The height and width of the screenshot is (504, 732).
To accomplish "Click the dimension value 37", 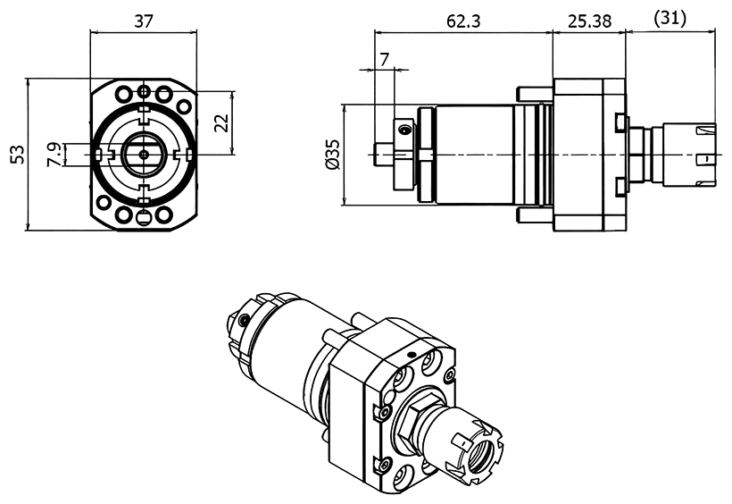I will tap(143, 21).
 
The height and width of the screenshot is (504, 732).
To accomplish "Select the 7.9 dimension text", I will tap(54, 155).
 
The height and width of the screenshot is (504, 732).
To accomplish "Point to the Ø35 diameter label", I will tap(333, 155).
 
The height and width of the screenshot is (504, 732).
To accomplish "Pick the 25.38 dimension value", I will tap(588, 21).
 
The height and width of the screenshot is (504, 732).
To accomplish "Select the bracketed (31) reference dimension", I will tap(671, 18).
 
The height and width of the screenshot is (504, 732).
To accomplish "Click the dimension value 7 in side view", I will tap(385, 59).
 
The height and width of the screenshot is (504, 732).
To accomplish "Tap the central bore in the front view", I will tap(143, 154).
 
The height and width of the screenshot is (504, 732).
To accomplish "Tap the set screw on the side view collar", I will tap(405, 131).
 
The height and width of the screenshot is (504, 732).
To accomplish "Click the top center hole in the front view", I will tap(143, 92).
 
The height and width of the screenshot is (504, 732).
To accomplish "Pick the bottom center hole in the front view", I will tap(143, 216).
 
